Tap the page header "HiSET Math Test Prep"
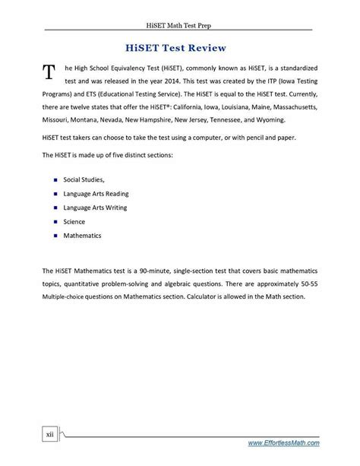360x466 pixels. pos(180,21)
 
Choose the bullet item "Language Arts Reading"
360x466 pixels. pos(96,193)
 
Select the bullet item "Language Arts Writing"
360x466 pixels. pos(95,207)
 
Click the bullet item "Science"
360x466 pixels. pos(75,221)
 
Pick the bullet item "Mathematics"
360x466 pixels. pos(82,235)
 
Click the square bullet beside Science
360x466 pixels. pos(55,221)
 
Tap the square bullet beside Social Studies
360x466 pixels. pos(55,179)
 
